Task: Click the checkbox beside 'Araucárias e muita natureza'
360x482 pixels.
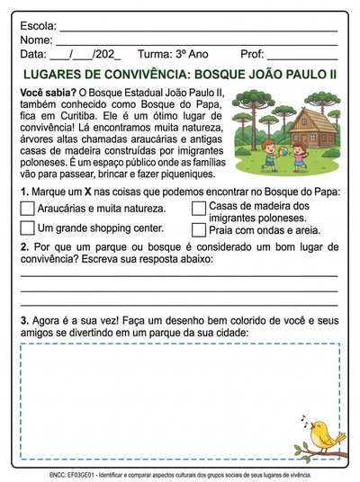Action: [27, 209]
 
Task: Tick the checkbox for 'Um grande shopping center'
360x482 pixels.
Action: [27, 228]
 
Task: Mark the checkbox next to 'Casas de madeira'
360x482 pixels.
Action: [199, 209]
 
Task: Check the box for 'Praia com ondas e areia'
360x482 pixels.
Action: [199, 229]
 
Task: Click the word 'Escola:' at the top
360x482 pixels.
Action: [38, 26]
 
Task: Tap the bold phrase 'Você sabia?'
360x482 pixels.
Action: [47, 93]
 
